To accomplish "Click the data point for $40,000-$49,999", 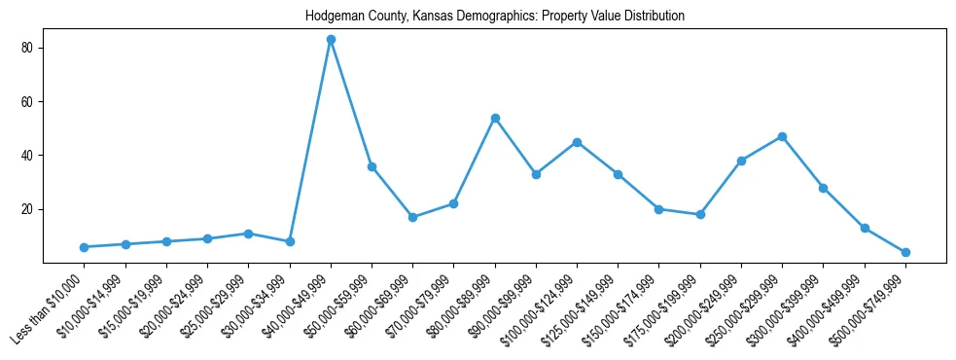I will [331, 40].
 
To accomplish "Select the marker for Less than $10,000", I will [85, 247].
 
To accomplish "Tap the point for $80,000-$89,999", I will [495, 118].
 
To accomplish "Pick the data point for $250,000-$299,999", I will [782, 137].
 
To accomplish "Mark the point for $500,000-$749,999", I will [905, 252].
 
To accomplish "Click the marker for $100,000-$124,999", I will [577, 142].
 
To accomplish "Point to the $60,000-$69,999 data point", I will [412, 217].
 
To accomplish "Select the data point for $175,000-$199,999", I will [700, 214].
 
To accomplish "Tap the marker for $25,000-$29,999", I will [249, 234].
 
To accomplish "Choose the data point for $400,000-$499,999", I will [865, 228].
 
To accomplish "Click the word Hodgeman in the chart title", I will [331, 17].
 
